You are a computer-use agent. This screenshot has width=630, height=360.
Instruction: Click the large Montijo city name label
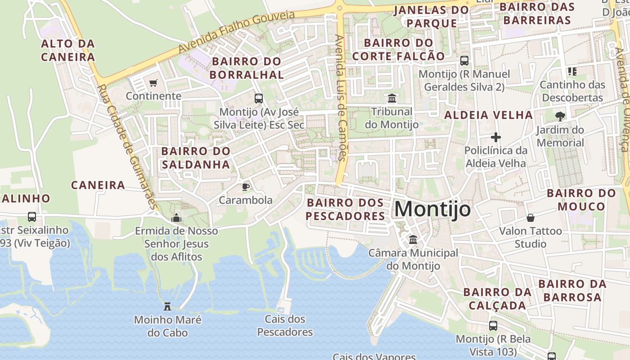click(432, 209)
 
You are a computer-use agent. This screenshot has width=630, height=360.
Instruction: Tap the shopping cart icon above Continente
click(153, 83)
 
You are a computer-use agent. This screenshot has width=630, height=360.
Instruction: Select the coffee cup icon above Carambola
click(245, 187)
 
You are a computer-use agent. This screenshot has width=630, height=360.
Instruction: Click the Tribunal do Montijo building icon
click(392, 98)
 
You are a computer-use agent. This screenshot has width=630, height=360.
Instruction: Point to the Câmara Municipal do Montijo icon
click(413, 240)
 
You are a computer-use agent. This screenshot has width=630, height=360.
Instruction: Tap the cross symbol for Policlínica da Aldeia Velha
click(496, 137)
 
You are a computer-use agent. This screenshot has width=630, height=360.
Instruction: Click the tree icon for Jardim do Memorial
click(560, 117)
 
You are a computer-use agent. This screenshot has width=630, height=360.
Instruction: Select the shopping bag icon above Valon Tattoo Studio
click(531, 218)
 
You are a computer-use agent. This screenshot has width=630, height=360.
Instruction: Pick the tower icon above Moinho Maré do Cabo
click(167, 306)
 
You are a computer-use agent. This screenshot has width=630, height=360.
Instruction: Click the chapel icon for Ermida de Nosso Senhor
click(176, 218)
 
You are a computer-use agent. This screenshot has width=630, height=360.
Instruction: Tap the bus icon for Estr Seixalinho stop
click(32, 216)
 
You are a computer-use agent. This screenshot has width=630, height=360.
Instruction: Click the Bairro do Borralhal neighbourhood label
click(247, 68)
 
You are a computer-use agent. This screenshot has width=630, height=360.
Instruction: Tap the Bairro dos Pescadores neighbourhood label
click(346, 209)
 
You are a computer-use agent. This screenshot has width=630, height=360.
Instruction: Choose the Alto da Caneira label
click(68, 50)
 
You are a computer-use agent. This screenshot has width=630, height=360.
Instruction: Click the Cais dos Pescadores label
click(285, 326)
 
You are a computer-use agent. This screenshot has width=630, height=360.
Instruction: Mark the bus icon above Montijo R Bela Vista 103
click(493, 325)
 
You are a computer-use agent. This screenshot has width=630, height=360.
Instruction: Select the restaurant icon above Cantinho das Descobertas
click(572, 71)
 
